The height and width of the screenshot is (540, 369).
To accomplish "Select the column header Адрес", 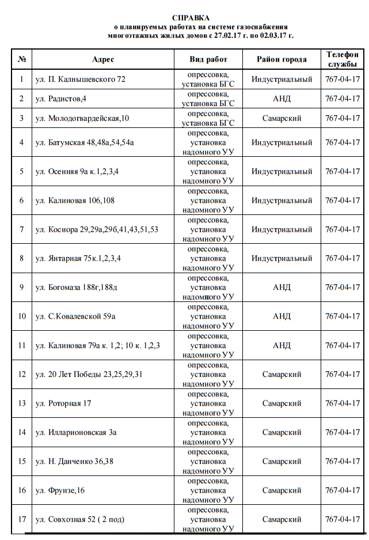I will [103, 59].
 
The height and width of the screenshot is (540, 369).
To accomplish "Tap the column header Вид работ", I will [208, 59].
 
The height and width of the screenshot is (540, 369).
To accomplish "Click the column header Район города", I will [282, 59].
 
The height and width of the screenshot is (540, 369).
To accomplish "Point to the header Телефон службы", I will [343, 59].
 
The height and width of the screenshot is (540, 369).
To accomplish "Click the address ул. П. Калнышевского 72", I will [80, 79].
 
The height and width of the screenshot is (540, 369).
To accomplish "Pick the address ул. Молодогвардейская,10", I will [82, 118].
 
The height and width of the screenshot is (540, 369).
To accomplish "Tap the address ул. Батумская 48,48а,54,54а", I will [85, 142].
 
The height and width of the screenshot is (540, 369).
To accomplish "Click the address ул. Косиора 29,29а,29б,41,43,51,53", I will [97, 229].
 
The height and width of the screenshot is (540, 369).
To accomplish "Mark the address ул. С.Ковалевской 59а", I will [75, 316].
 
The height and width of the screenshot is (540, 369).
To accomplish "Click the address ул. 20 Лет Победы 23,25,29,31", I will [89, 374].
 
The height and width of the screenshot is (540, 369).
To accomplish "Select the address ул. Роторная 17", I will [63, 403].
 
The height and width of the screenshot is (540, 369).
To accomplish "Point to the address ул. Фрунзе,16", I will [60, 490].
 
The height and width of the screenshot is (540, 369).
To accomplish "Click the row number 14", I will [22, 432].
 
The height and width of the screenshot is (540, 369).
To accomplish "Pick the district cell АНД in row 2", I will [282, 99].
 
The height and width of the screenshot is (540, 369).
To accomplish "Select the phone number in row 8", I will [343, 258].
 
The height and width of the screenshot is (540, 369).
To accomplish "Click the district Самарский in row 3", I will [282, 118].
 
